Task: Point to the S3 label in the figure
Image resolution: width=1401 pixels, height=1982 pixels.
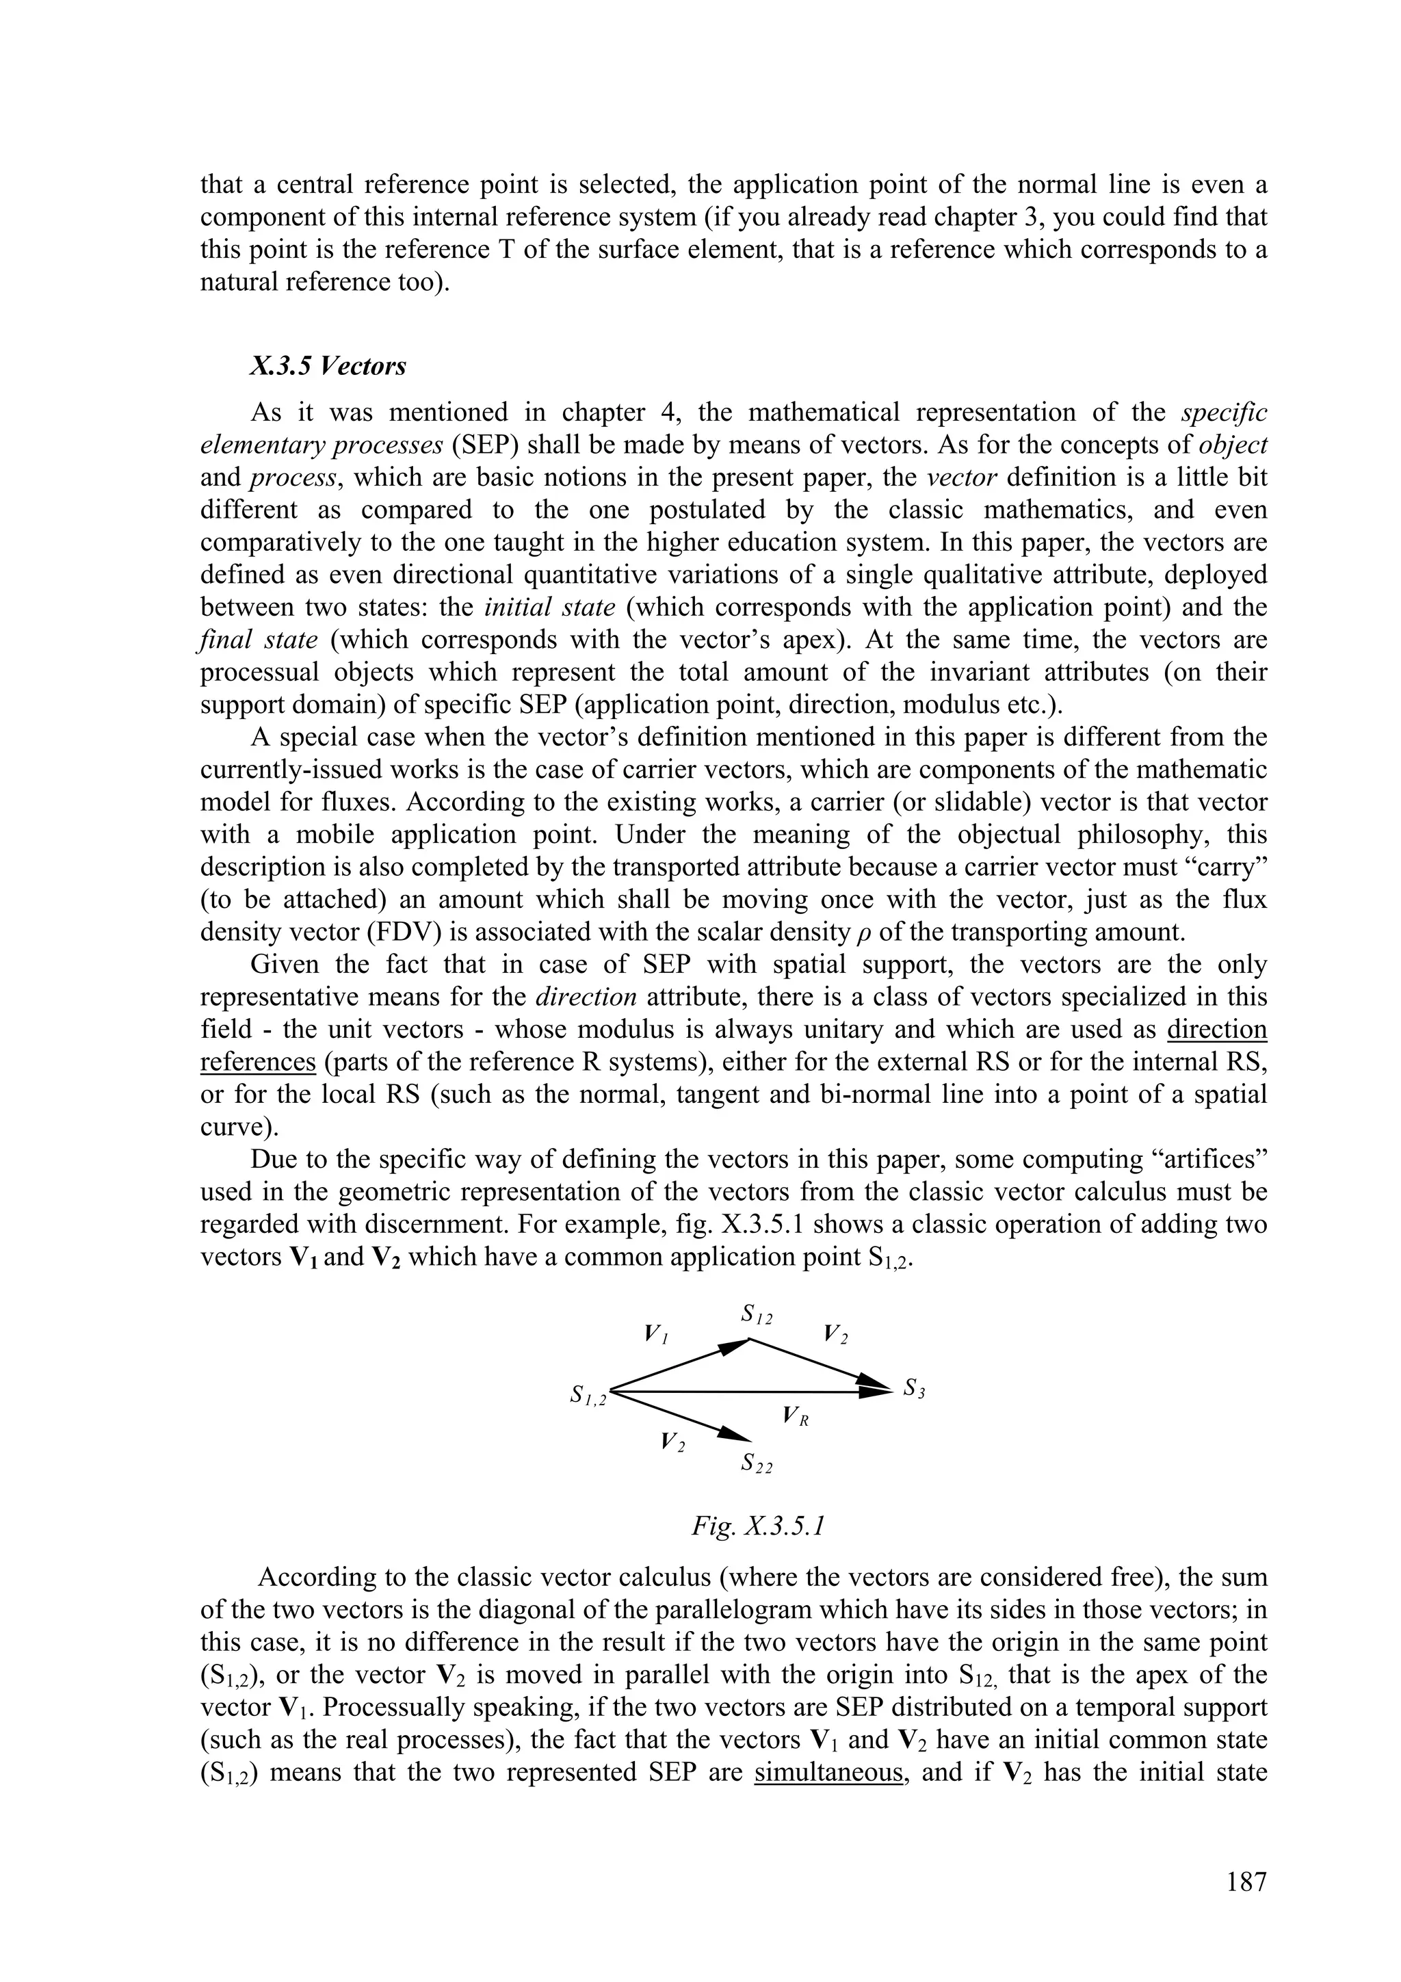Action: click(914, 1388)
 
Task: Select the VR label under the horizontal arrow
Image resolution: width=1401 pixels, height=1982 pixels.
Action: click(794, 1415)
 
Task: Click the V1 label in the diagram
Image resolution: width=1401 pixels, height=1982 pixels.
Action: click(656, 1333)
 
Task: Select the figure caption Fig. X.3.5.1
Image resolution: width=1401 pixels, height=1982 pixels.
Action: click(758, 1526)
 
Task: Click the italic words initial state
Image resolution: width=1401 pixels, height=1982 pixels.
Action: click(550, 607)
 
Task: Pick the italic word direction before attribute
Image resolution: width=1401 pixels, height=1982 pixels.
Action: click(586, 997)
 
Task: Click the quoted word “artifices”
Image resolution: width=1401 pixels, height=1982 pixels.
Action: click(1200, 1160)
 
